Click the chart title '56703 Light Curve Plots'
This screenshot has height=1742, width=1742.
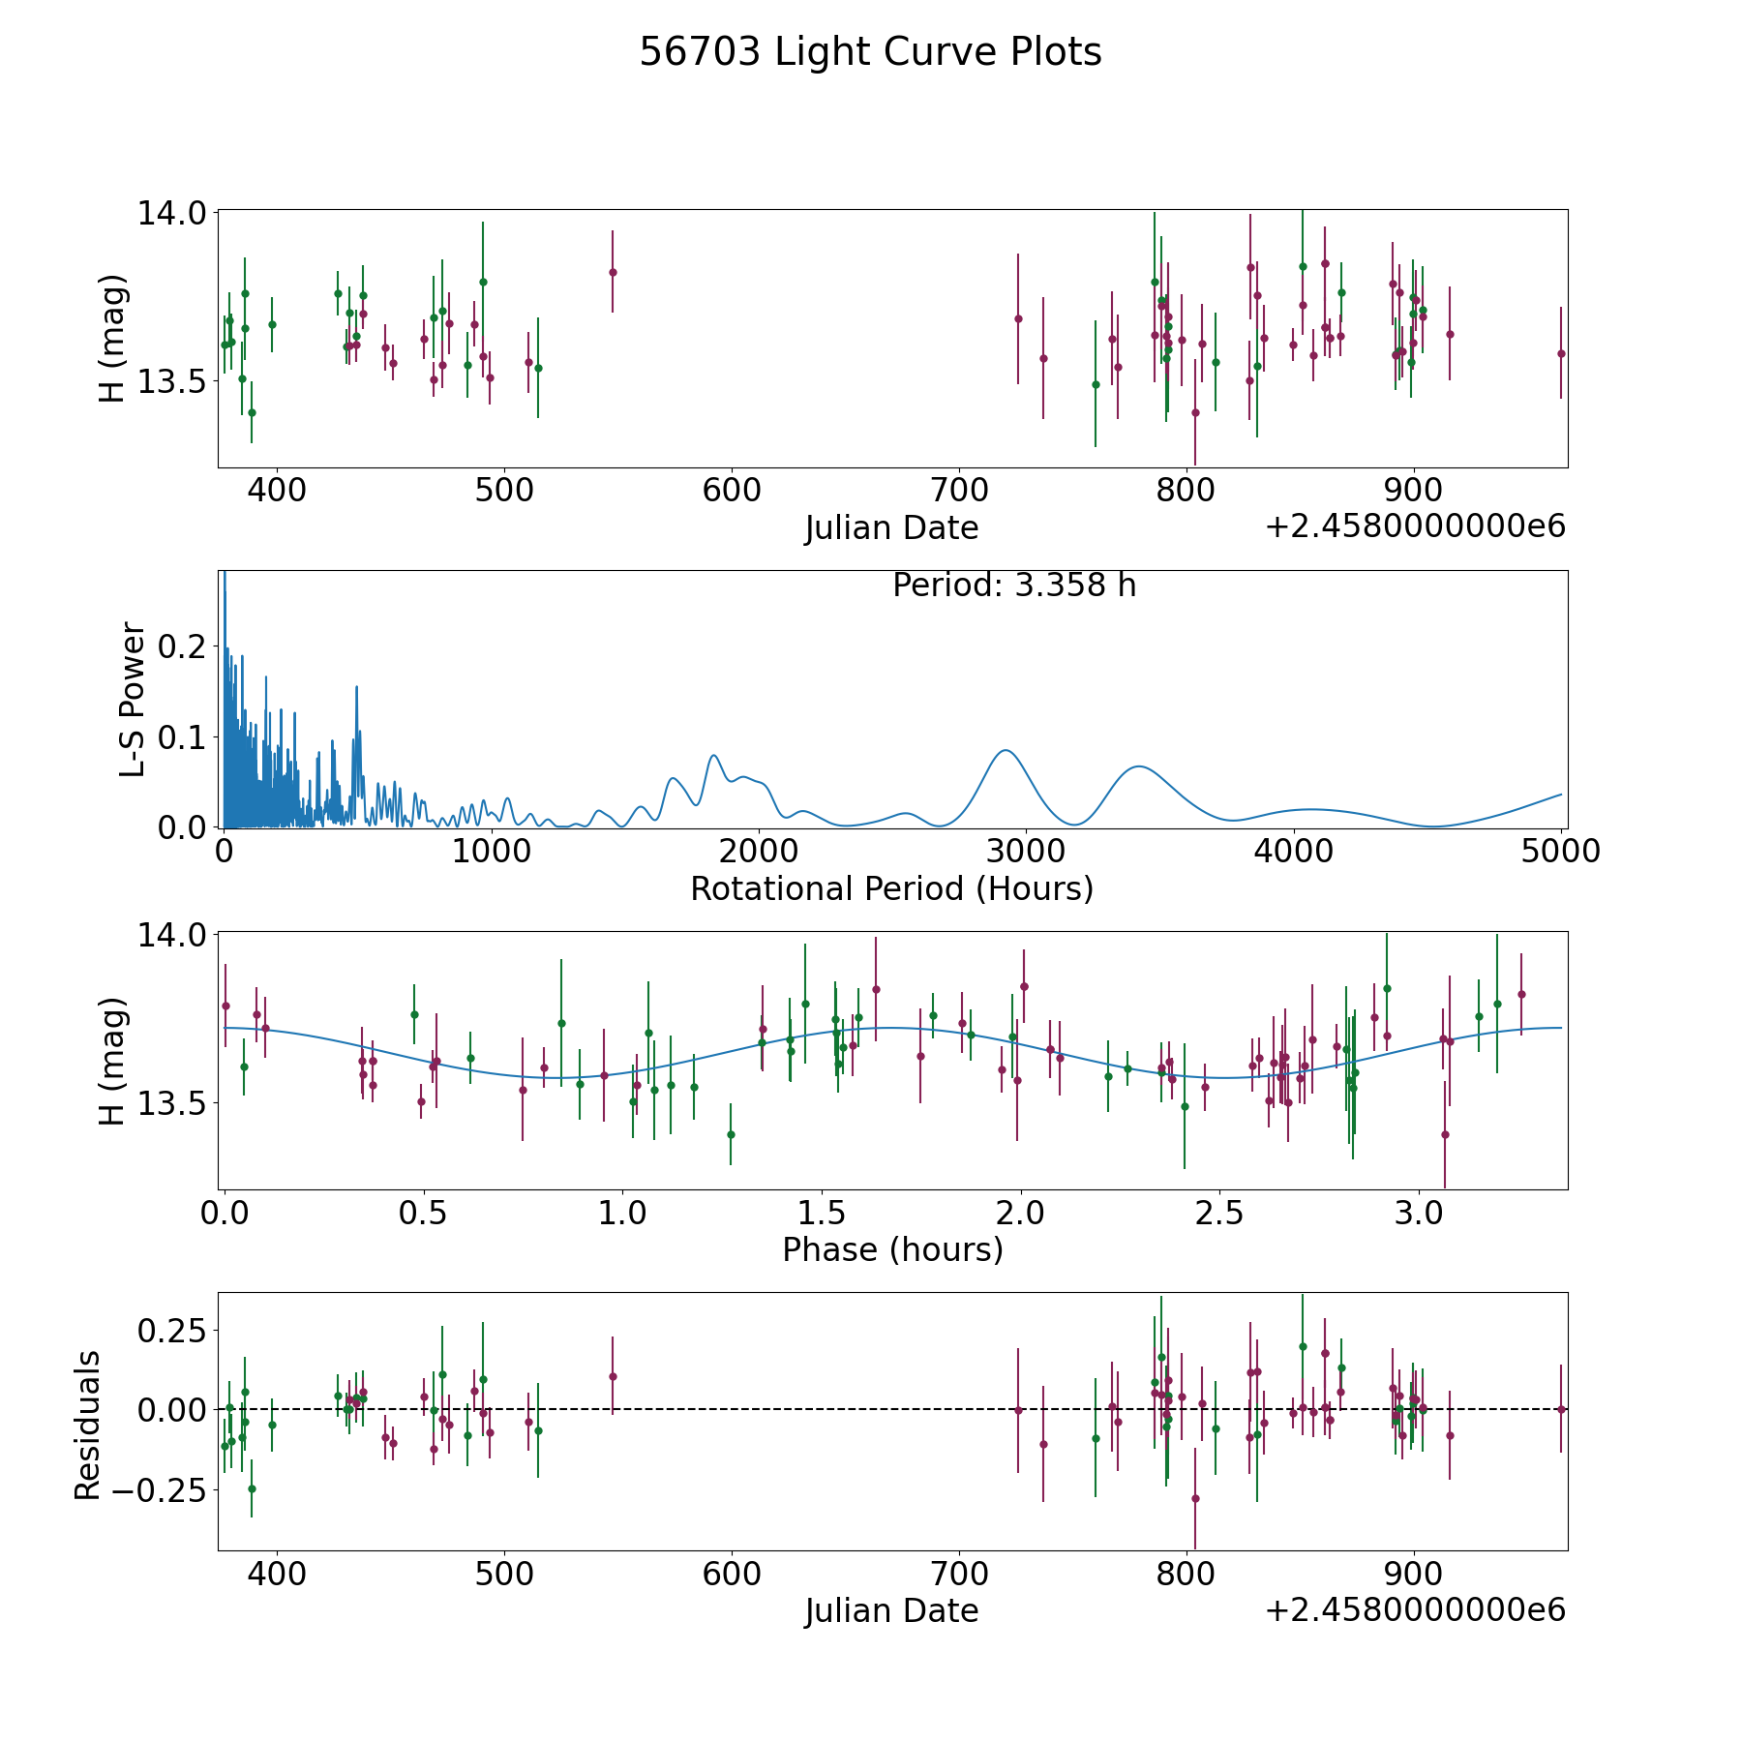(x=870, y=52)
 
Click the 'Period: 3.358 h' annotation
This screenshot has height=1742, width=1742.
(x=1014, y=586)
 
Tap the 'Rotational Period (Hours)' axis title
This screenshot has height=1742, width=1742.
(x=891, y=888)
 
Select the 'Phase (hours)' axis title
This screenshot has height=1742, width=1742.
(x=892, y=1250)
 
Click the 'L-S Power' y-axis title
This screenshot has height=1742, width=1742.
(x=133, y=700)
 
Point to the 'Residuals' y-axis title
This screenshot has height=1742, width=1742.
(x=87, y=1426)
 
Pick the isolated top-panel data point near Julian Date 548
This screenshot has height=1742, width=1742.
(x=613, y=272)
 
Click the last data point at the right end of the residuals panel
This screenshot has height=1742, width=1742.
(x=1561, y=1409)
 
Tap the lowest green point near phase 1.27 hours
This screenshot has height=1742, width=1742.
(x=731, y=1134)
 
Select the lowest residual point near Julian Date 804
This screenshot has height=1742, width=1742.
(x=1195, y=1498)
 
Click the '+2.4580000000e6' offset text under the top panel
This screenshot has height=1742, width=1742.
(x=1415, y=526)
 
